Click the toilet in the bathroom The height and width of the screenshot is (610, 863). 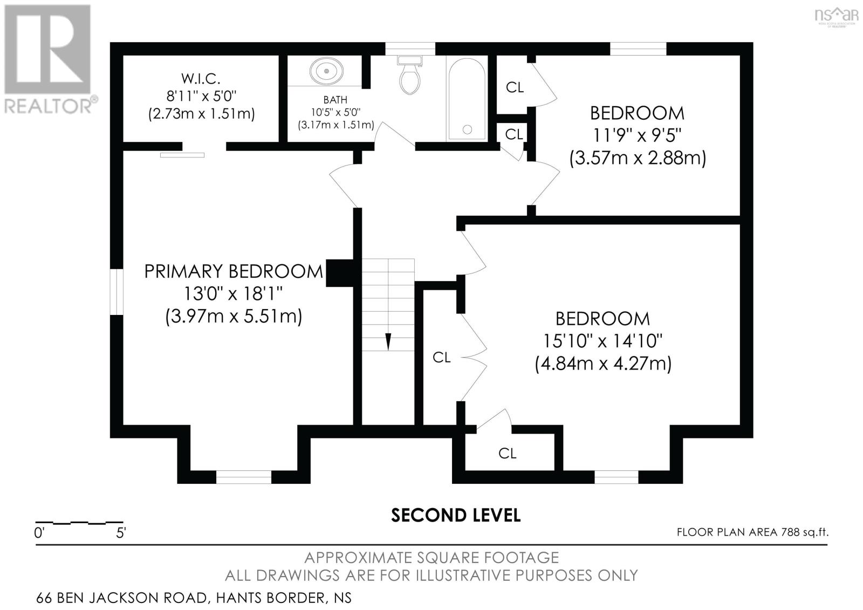[410, 77]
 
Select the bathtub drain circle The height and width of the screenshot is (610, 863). [467, 129]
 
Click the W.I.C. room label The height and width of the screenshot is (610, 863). [201, 78]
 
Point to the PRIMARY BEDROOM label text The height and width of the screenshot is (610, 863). [233, 271]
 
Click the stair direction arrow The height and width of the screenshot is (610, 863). [388, 341]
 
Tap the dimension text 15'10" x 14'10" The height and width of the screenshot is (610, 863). [602, 341]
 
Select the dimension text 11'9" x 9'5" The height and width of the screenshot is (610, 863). [637, 135]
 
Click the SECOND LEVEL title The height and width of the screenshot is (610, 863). [456, 515]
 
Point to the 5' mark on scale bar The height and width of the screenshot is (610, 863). [121, 533]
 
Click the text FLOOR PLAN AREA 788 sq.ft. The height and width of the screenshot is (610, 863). [752, 532]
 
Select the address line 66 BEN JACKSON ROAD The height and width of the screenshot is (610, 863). [194, 598]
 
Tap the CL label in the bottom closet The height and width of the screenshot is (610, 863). [507, 454]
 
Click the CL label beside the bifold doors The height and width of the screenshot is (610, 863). [441, 357]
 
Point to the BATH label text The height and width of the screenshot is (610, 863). [335, 100]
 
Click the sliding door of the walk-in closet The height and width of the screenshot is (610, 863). [182, 155]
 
